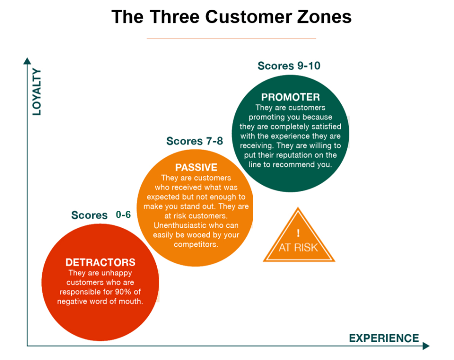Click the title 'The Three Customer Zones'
[231, 17]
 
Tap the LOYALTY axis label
[37, 92]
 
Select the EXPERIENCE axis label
[384, 338]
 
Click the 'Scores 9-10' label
[289, 65]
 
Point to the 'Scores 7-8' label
[195, 141]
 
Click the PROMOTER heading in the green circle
[290, 97]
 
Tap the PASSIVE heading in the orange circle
[196, 167]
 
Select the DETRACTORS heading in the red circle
[100, 262]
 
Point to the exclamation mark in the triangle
[298, 232]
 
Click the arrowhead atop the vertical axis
[27, 60]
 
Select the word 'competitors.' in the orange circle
[196, 245]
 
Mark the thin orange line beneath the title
[231, 39]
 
